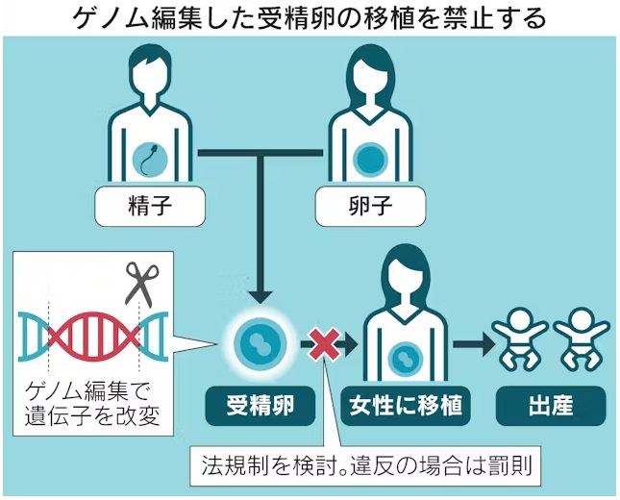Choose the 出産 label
(551, 407)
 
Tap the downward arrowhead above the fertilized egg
(260, 298)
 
